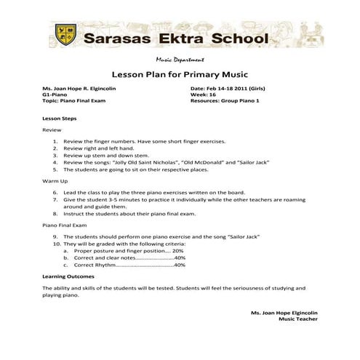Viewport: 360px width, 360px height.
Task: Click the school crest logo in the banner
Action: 66,33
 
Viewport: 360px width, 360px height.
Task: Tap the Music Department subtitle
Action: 179,60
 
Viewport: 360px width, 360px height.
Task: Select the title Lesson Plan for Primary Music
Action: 180,74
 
